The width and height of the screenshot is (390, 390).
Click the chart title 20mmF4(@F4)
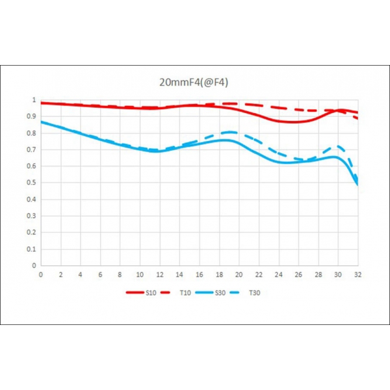tap(194, 83)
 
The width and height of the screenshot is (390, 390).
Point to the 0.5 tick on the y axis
tap(32, 183)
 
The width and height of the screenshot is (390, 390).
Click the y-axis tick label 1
tap(34, 100)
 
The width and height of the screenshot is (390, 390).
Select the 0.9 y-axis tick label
tap(32, 116)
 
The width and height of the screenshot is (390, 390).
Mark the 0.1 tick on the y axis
tap(32, 249)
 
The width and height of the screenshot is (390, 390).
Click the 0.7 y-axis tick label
tap(32, 149)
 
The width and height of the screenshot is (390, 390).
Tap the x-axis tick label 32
tap(357, 275)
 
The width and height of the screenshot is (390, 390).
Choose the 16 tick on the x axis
tap(199, 275)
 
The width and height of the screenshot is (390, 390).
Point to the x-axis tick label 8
tap(120, 275)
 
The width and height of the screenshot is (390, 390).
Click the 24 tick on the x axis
tap(278, 275)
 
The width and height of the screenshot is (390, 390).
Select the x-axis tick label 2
tap(60, 275)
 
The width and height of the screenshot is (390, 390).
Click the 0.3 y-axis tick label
tap(32, 216)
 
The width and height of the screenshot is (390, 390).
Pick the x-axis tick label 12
tap(159, 275)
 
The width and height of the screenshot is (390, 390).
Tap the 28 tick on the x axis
tap(318, 275)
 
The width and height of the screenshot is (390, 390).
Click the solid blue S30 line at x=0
tap(42, 122)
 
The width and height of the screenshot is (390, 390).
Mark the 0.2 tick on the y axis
tap(32, 232)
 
